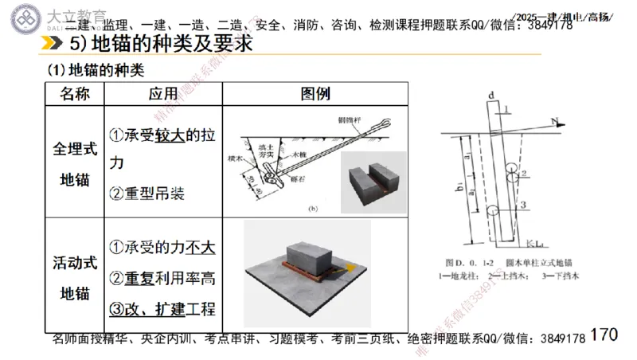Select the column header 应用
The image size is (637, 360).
[163, 94]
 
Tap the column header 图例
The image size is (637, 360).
[315, 94]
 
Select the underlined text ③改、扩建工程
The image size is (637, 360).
[162, 309]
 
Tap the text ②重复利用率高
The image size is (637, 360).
[162, 278]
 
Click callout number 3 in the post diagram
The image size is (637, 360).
[523, 205]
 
